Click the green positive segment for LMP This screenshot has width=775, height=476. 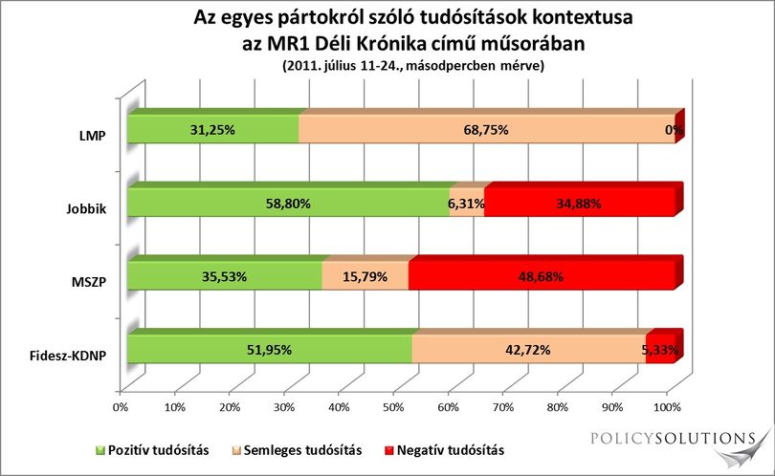[x=213, y=130]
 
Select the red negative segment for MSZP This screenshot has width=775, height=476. [x=542, y=276]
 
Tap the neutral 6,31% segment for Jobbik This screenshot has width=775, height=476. [x=467, y=203]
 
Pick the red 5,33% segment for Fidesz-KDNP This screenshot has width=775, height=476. [x=660, y=350]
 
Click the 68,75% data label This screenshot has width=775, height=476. [x=486, y=130]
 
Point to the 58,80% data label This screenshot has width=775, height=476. [x=288, y=203]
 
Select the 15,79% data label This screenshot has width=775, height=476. [x=365, y=276]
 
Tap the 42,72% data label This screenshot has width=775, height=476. [x=527, y=350]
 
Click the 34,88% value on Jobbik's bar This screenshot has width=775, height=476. [x=579, y=203]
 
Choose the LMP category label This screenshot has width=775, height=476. [x=93, y=136]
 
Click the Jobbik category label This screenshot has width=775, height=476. [x=86, y=208]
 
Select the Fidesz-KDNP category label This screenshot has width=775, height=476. [x=68, y=355]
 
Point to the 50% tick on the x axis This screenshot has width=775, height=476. [x=393, y=407]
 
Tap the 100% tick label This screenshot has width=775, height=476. [x=667, y=407]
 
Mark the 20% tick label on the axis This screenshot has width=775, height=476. [x=230, y=407]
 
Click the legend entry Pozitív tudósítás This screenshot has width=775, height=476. [x=152, y=450]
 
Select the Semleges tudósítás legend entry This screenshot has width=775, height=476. [x=297, y=450]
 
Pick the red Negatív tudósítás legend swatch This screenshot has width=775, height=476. [x=389, y=451]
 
